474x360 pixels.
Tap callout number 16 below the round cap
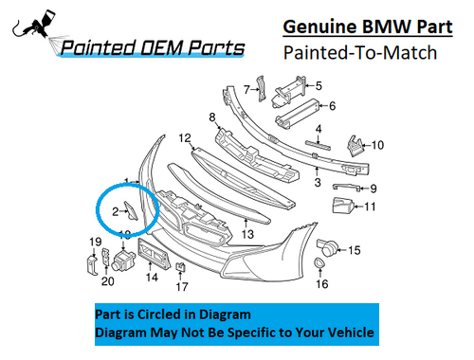point(321,284)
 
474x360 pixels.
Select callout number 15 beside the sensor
point(355,250)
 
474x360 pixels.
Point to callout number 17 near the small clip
point(182,286)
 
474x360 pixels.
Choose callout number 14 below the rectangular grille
point(151,279)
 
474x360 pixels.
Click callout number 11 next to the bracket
point(371,206)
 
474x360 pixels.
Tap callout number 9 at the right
point(373,188)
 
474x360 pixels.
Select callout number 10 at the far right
point(377,145)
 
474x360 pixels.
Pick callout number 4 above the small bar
point(319,129)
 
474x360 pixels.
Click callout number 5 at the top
point(319,85)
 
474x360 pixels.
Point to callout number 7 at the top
point(246,90)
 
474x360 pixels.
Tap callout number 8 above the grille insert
point(213,117)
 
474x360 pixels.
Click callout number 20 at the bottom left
point(107,280)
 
